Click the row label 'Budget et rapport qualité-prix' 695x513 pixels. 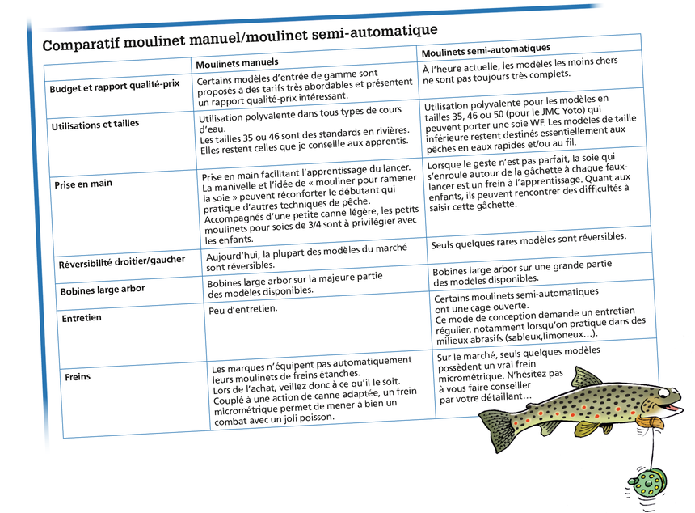(114, 87)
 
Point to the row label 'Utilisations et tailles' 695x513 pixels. (95, 125)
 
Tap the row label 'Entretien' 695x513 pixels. (82, 318)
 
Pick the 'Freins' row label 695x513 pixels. (78, 377)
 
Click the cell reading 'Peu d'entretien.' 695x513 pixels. (242, 310)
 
